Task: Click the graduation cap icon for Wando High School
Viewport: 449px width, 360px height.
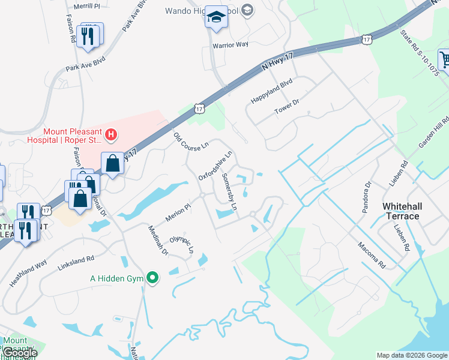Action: point(215,17)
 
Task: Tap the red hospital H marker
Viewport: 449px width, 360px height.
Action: point(110,136)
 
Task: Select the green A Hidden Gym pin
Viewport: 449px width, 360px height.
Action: point(152,278)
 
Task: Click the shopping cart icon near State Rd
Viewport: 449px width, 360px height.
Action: point(445,59)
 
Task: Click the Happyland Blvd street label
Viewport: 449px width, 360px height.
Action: point(271,90)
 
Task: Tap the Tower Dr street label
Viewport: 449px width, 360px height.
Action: point(287,107)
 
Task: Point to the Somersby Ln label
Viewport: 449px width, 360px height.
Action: point(230,191)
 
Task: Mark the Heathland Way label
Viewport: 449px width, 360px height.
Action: point(28,273)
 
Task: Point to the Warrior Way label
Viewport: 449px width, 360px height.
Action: point(230,44)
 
